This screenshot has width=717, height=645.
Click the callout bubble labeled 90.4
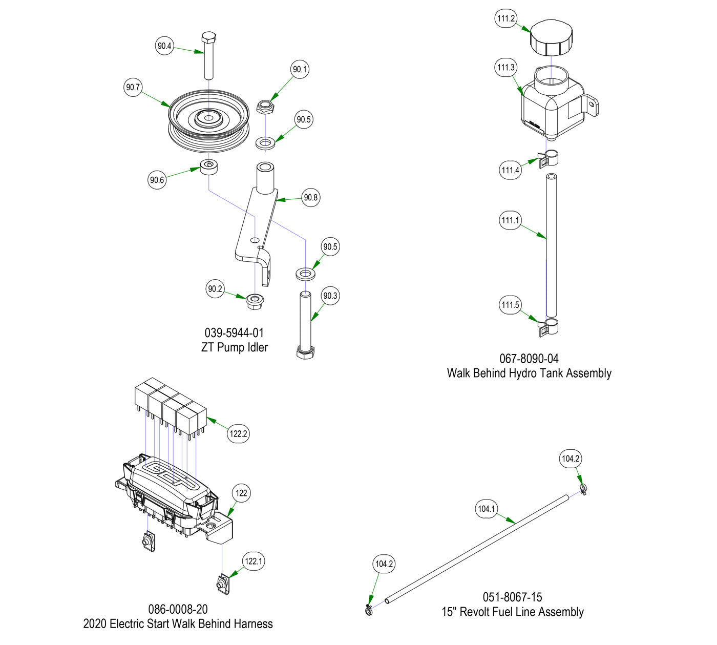(164, 46)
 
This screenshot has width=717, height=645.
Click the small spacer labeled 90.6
(209, 167)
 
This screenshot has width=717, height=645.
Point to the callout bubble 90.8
(311, 197)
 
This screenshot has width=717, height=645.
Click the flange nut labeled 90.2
(255, 301)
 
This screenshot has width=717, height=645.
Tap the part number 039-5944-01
(235, 333)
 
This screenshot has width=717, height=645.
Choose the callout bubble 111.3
(506, 68)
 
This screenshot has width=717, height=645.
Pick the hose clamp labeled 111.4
(549, 158)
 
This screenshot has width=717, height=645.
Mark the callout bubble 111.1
(510, 220)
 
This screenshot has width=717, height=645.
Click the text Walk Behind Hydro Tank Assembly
(529, 373)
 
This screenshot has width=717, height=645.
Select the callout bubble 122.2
(239, 433)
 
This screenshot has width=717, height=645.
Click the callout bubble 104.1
(487, 509)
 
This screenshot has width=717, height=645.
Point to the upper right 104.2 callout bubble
(570, 459)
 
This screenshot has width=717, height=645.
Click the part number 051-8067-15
(512, 597)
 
